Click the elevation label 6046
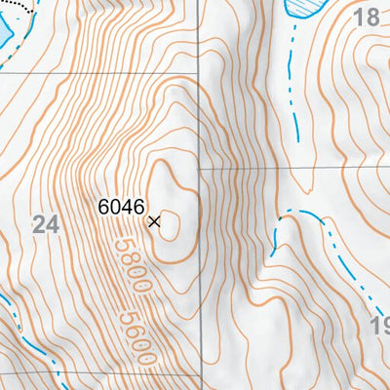point(121,207)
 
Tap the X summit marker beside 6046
point(154,222)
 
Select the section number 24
point(45,225)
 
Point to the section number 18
point(366,17)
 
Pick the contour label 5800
point(130,269)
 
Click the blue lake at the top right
point(304,9)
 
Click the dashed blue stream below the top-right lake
point(290,88)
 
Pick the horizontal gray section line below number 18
point(292,168)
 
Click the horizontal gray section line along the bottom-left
point(97,372)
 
